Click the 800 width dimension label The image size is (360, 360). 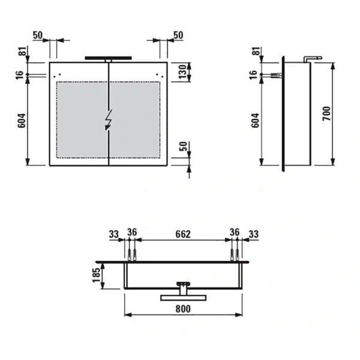[x=183, y=309]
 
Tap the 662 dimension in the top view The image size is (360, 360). [x=183, y=234]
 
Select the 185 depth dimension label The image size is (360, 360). [x=97, y=275]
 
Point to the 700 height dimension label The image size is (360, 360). [x=326, y=113]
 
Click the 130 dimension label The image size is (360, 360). [x=183, y=72]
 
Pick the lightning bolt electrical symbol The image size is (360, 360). [x=109, y=119]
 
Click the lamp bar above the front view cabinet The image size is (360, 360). [x=109, y=58]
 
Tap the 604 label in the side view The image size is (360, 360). [x=255, y=121]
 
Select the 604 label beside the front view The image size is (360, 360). [x=22, y=121]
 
